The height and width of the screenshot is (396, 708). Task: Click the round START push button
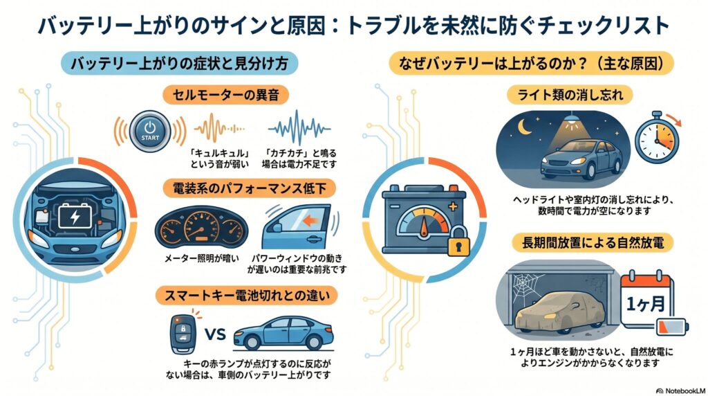point(150,129)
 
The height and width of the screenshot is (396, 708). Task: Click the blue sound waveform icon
point(299,128)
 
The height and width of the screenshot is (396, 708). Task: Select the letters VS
point(216,335)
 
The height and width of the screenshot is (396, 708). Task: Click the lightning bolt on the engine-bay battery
point(73,219)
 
